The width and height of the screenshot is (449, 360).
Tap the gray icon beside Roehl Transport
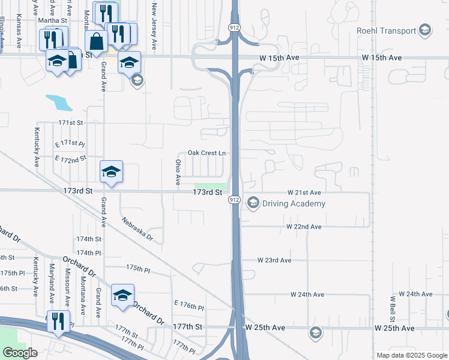[425, 31]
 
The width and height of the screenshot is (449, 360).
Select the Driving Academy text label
[294, 203]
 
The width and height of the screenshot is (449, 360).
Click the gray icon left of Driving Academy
[253, 203]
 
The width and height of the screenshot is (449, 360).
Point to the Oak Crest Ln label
[206, 153]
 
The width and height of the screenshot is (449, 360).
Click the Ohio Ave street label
[178, 172]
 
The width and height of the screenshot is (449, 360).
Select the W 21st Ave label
[304, 193]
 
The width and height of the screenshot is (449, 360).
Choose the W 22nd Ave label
[304, 227]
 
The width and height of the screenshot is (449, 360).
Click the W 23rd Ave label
[274, 260]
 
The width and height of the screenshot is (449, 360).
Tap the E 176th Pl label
[189, 306]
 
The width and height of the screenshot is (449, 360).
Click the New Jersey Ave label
[154, 26]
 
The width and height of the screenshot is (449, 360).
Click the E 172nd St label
[70, 159]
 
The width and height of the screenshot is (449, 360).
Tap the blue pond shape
[59, 102]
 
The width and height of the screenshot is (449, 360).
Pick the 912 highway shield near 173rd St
[234, 199]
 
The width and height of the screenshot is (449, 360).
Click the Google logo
[20, 353]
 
